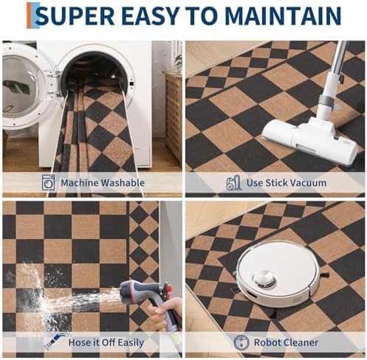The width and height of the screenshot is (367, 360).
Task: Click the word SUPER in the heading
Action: [77, 15]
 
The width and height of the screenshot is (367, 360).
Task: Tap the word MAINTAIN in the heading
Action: [283, 15]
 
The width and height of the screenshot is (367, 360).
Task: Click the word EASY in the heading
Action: [150, 15]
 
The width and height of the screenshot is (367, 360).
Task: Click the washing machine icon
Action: [48, 182]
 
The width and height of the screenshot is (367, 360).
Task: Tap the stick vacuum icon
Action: [234, 182]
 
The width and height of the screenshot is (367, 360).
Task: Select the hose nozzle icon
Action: [54, 342]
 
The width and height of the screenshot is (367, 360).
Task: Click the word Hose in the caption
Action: [78, 342]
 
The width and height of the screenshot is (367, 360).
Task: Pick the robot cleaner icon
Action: [241, 342]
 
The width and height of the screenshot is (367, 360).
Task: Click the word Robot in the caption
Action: [268, 342]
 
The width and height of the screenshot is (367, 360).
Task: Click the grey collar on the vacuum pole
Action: [326, 100]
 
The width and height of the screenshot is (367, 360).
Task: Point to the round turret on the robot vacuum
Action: [264, 278]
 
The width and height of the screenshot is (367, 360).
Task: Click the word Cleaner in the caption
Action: [301, 342]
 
